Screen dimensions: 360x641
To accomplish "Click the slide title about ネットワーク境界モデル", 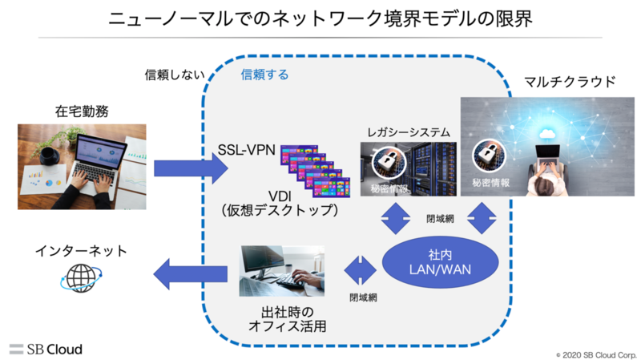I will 320,18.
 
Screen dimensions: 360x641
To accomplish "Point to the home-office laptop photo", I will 82,166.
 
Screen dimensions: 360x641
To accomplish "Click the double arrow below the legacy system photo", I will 394,216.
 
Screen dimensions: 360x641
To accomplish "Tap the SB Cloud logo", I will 46,349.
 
